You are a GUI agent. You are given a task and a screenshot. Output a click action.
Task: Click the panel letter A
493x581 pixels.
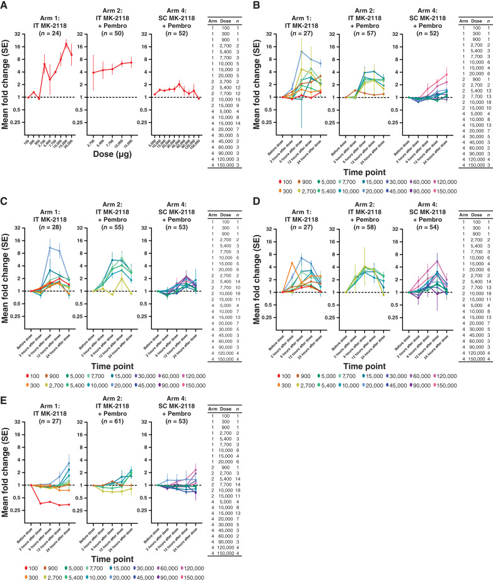5,6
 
